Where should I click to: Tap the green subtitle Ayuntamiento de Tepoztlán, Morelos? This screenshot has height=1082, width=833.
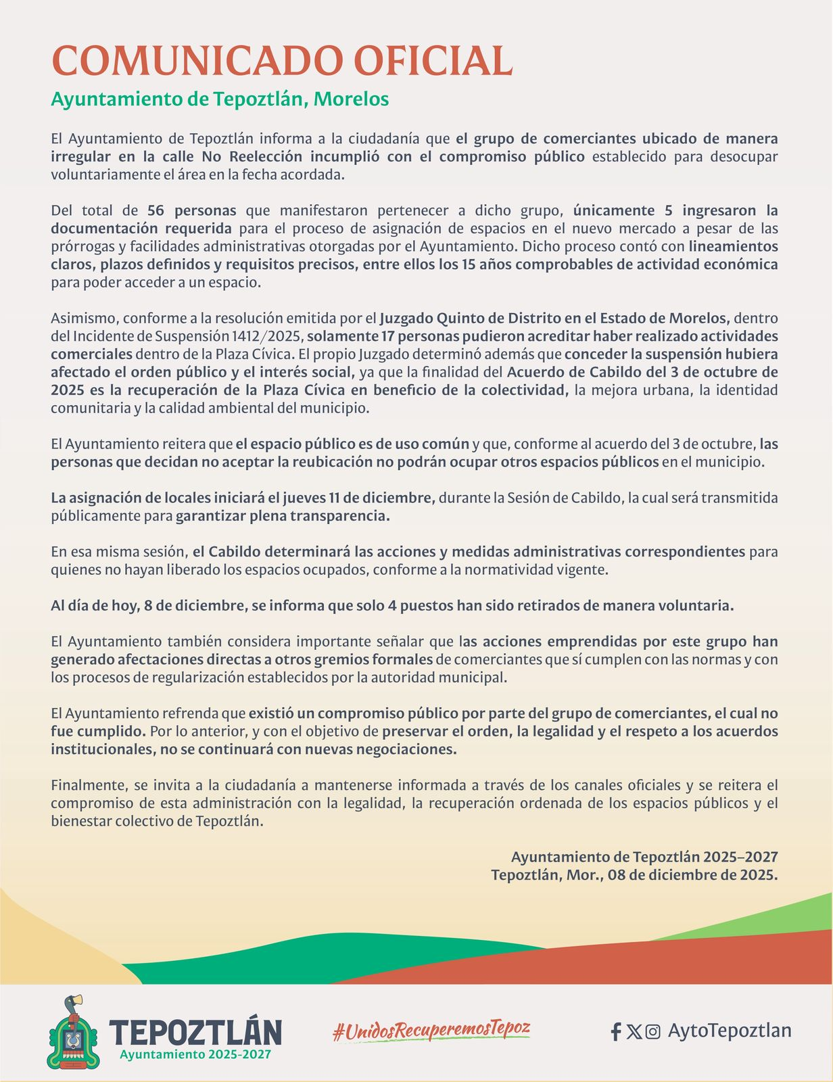(220, 99)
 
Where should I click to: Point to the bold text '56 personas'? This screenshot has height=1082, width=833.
(191, 210)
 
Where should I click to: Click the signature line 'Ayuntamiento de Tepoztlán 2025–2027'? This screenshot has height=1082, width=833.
(644, 857)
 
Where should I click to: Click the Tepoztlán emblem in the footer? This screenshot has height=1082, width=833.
(72, 1032)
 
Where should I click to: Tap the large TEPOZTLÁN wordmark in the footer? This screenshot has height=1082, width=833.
(195, 1032)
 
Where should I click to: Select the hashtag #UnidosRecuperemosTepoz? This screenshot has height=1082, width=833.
(431, 1030)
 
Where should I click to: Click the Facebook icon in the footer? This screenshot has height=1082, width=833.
(616, 1031)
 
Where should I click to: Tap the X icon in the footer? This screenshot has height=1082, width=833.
(634, 1031)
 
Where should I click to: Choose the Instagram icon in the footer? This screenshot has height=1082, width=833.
(652, 1031)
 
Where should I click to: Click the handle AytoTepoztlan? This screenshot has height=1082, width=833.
(729, 1031)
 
